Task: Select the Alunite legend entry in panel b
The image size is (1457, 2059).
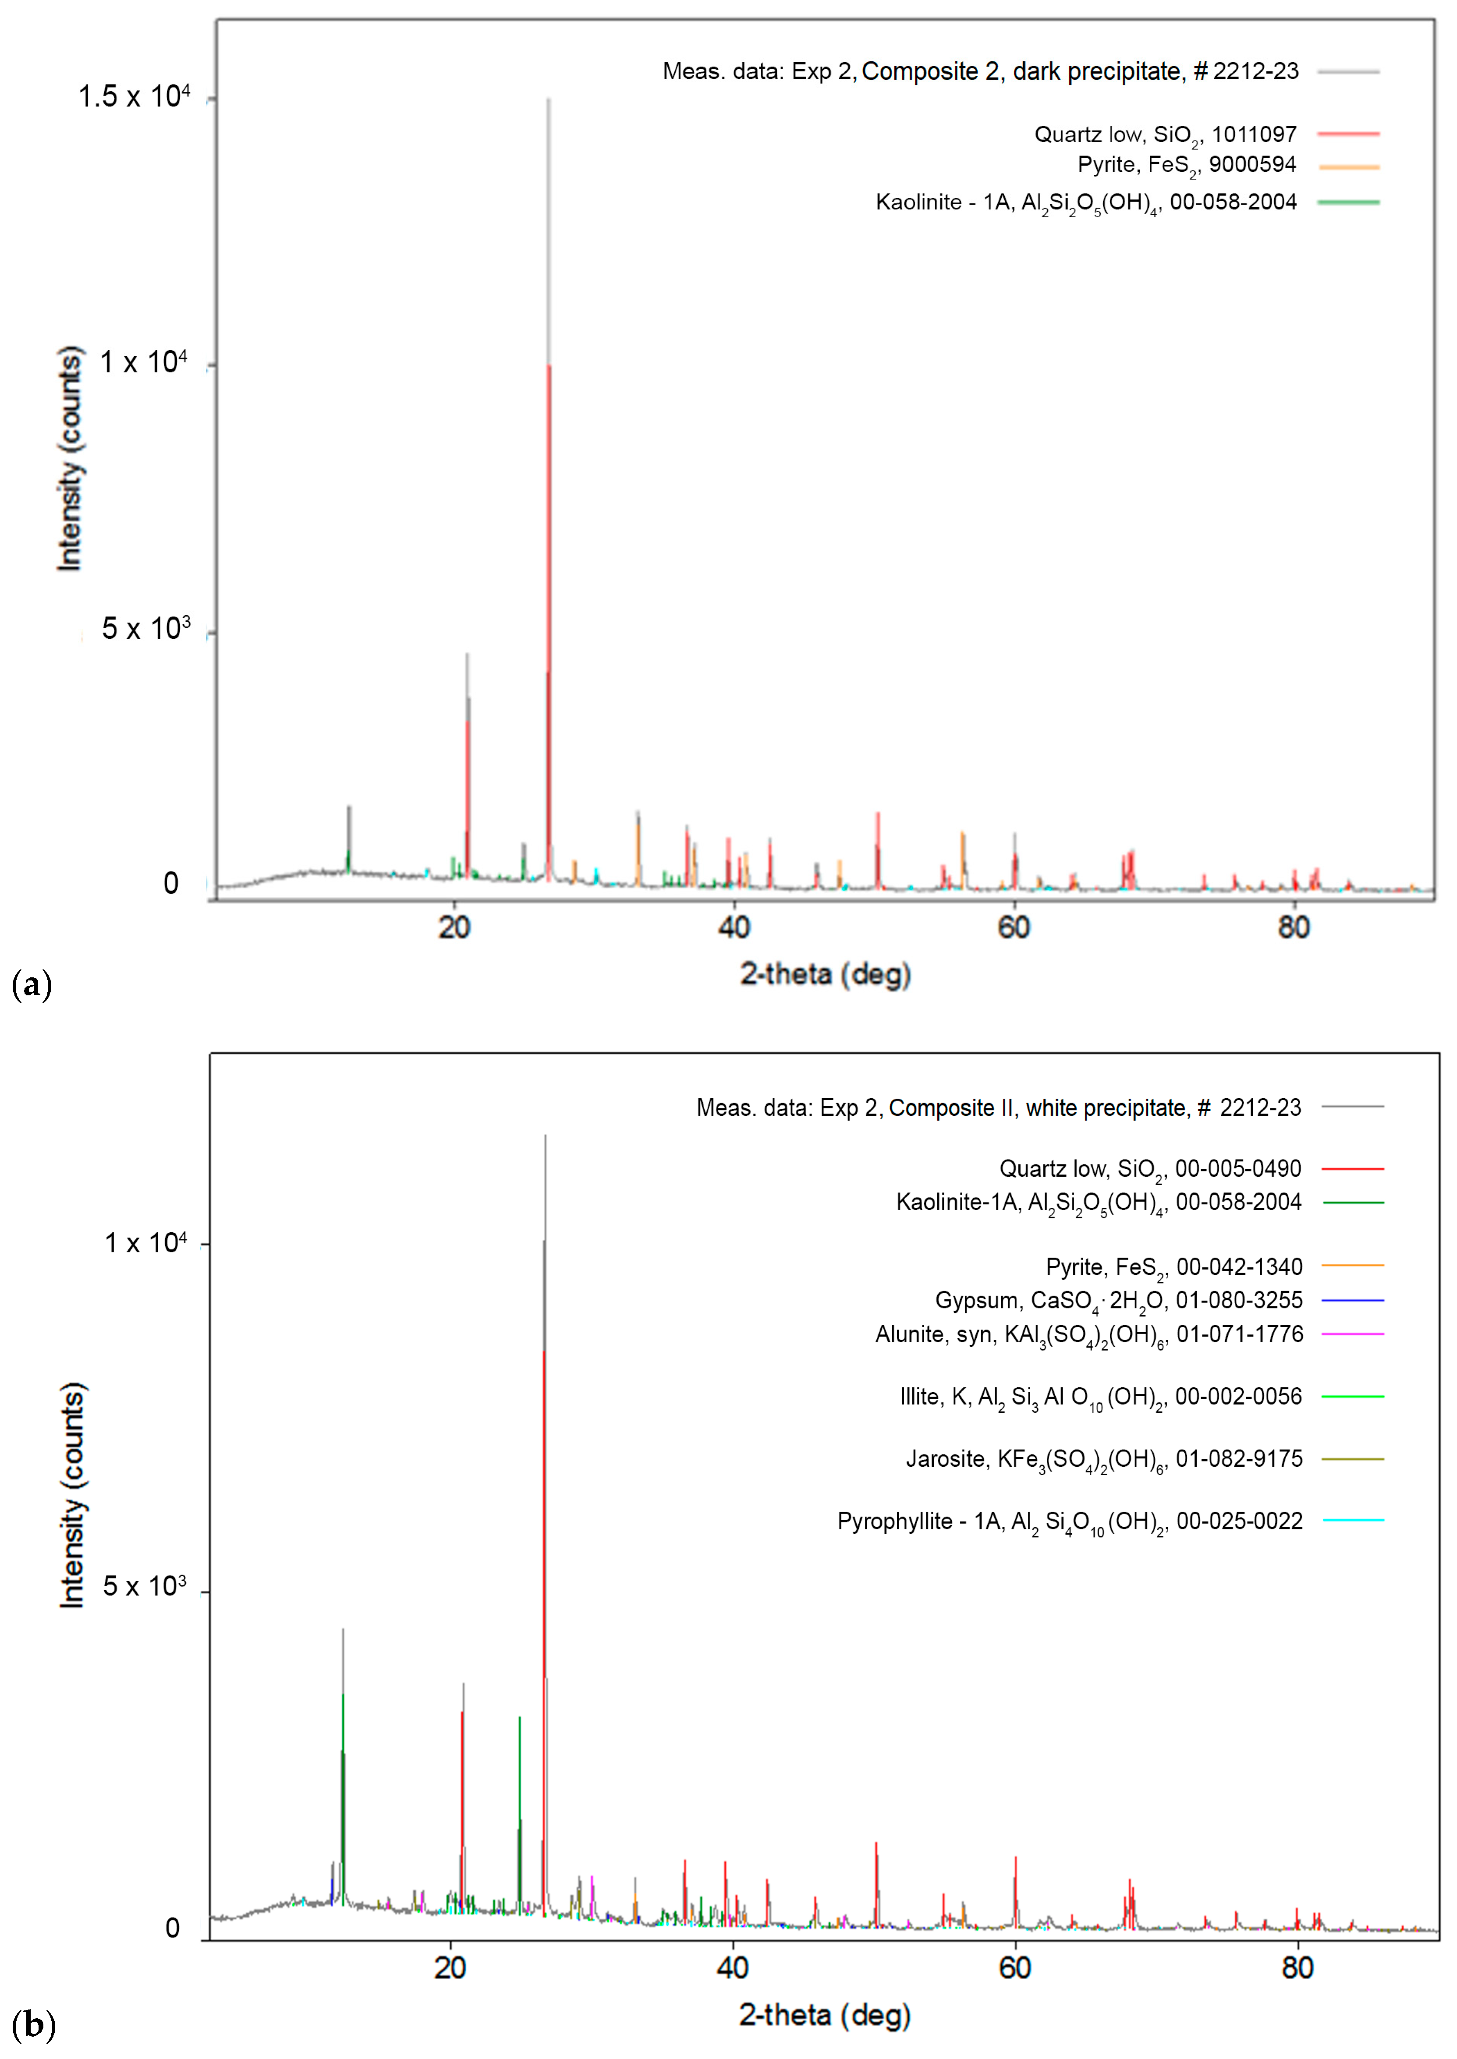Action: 1088,1334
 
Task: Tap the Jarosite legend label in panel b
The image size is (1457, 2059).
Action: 1103,1459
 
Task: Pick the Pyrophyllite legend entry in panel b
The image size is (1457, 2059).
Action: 1070,1521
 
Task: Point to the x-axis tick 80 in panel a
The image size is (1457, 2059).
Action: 1293,927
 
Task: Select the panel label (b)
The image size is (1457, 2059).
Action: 33,2025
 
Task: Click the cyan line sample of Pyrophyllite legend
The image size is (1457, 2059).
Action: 1353,1520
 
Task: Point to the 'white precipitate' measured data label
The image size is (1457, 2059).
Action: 998,1107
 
